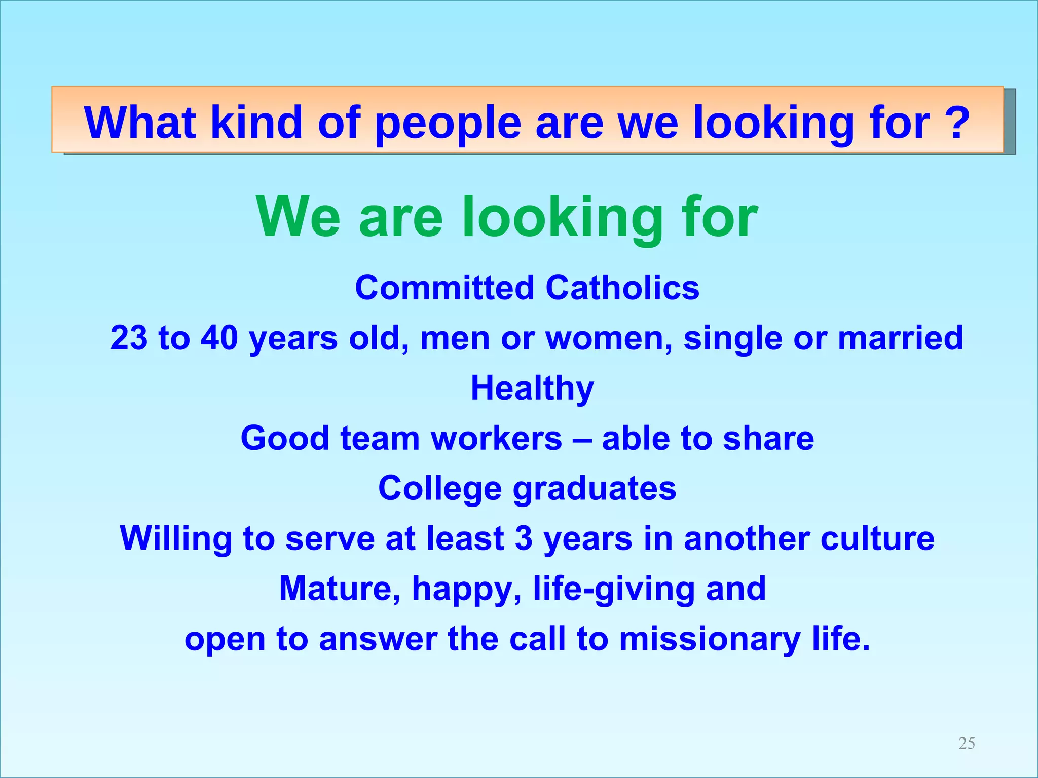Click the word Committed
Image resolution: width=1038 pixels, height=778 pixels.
coord(444,287)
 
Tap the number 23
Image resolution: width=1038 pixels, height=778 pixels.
coord(129,337)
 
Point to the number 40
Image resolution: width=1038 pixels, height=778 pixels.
coord(219,337)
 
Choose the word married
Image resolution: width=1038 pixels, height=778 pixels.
coord(900,337)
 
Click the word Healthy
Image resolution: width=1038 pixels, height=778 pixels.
coord(532,388)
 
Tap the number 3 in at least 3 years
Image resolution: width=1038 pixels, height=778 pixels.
coord(524,538)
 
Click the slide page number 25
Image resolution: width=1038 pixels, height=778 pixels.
coord(967,743)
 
